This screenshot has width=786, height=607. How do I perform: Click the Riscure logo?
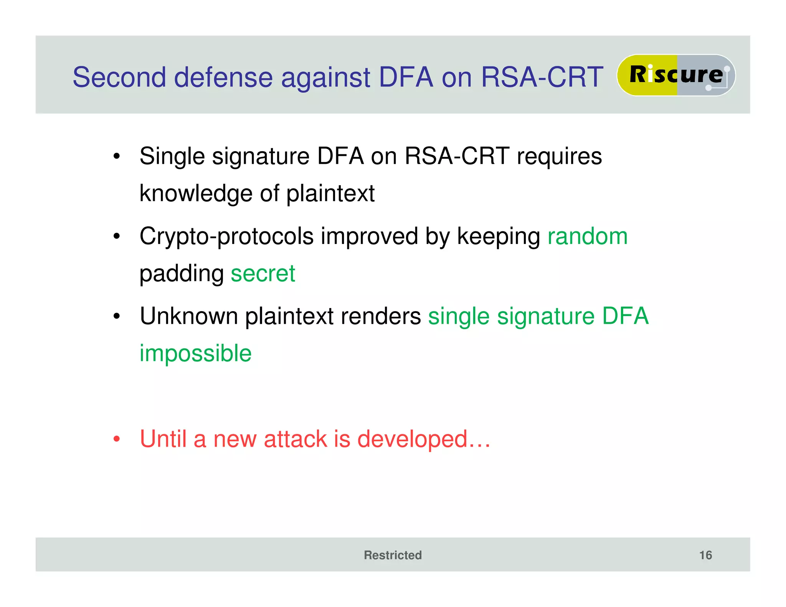pyautogui.click(x=676, y=75)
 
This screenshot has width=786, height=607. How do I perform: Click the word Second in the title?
pyautogui.click(x=119, y=77)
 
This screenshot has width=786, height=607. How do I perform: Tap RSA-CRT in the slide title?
pyautogui.click(x=542, y=77)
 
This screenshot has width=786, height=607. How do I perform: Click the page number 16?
pyautogui.click(x=705, y=555)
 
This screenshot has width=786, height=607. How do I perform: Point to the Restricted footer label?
pyautogui.click(x=393, y=555)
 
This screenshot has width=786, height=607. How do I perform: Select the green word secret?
pyautogui.click(x=263, y=274)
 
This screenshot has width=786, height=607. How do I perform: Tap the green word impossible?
pyautogui.click(x=195, y=353)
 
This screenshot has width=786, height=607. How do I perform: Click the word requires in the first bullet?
pyautogui.click(x=559, y=157)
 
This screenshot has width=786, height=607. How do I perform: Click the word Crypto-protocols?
pyautogui.click(x=226, y=236)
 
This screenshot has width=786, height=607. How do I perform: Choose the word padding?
pyautogui.click(x=182, y=274)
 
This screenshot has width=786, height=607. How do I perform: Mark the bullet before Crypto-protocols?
pyautogui.click(x=117, y=236)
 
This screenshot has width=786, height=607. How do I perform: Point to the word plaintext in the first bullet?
pyautogui.click(x=330, y=193)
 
